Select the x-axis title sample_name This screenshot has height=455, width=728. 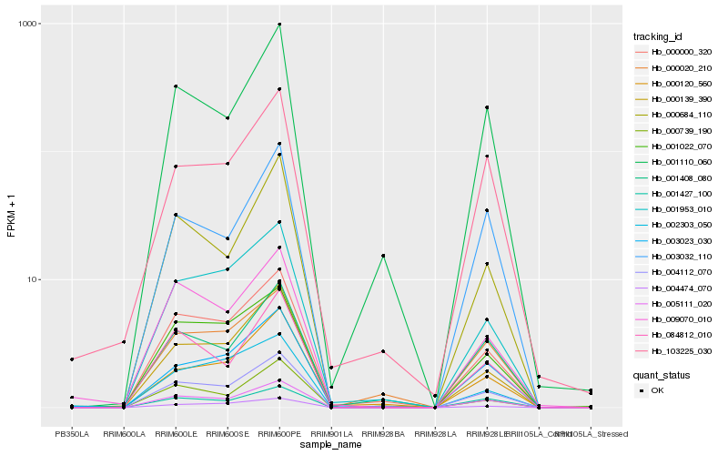[x=331, y=445]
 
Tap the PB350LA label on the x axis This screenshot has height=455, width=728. [x=72, y=434]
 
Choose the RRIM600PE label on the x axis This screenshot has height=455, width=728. [x=279, y=434]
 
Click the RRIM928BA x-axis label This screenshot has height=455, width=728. [x=383, y=434]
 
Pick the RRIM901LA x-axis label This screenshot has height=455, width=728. [x=331, y=434]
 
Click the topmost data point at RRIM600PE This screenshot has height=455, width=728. [x=279, y=25]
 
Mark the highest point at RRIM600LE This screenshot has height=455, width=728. [x=176, y=86]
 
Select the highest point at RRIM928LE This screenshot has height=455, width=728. [x=487, y=107]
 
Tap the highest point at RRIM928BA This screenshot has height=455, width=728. [x=383, y=256]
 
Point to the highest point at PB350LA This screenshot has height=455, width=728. [x=72, y=359]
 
